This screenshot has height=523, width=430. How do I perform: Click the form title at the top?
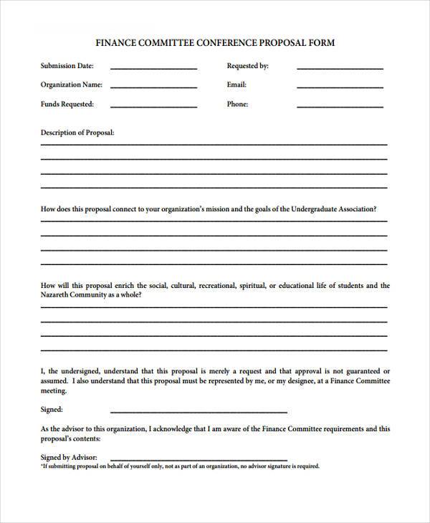pyautogui.click(x=215, y=43)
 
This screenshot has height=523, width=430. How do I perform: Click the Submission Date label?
pyautogui.click(x=67, y=66)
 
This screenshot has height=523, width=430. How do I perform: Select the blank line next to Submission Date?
pyautogui.click(x=153, y=68)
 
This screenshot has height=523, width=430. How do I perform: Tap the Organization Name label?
pyautogui.click(x=72, y=85)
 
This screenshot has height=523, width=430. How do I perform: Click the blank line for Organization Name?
pyautogui.click(x=153, y=87)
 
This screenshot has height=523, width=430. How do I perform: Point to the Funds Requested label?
pyautogui.click(x=67, y=104)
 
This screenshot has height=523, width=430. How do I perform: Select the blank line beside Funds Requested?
pyautogui.click(x=153, y=106)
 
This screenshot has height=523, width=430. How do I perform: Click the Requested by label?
pyautogui.click(x=247, y=66)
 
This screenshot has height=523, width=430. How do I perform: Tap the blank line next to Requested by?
pyautogui.click(x=340, y=68)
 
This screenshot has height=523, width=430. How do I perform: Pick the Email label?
pyautogui.click(x=236, y=85)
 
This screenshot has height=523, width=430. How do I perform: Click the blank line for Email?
pyautogui.click(x=340, y=87)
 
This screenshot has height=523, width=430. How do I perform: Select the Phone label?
pyautogui.click(x=237, y=104)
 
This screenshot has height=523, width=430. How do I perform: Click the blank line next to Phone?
pyautogui.click(x=340, y=106)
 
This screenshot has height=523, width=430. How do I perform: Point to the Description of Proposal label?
pyautogui.click(x=77, y=133)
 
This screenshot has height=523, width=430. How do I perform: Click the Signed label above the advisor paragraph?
pyautogui.click(x=52, y=410)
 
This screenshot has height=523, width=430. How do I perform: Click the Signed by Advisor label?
pyautogui.click(x=69, y=457)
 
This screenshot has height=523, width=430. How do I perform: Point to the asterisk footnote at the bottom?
pyautogui.click(x=180, y=466)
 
